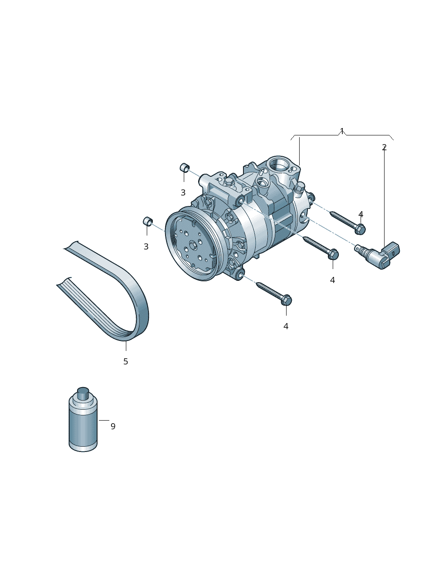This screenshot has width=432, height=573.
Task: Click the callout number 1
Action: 341,131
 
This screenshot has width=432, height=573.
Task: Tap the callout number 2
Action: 384,148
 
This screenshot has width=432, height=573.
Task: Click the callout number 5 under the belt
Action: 125,361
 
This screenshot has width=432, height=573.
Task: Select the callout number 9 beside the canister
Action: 113,426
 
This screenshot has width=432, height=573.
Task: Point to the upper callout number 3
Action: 183,192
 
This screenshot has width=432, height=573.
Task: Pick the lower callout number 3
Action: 146,246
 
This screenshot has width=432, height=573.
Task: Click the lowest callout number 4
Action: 286,326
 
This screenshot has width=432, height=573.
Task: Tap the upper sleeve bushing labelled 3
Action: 185,168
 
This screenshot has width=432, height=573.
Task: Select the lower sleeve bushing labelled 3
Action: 148,221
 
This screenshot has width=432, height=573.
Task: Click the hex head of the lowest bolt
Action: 287,300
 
